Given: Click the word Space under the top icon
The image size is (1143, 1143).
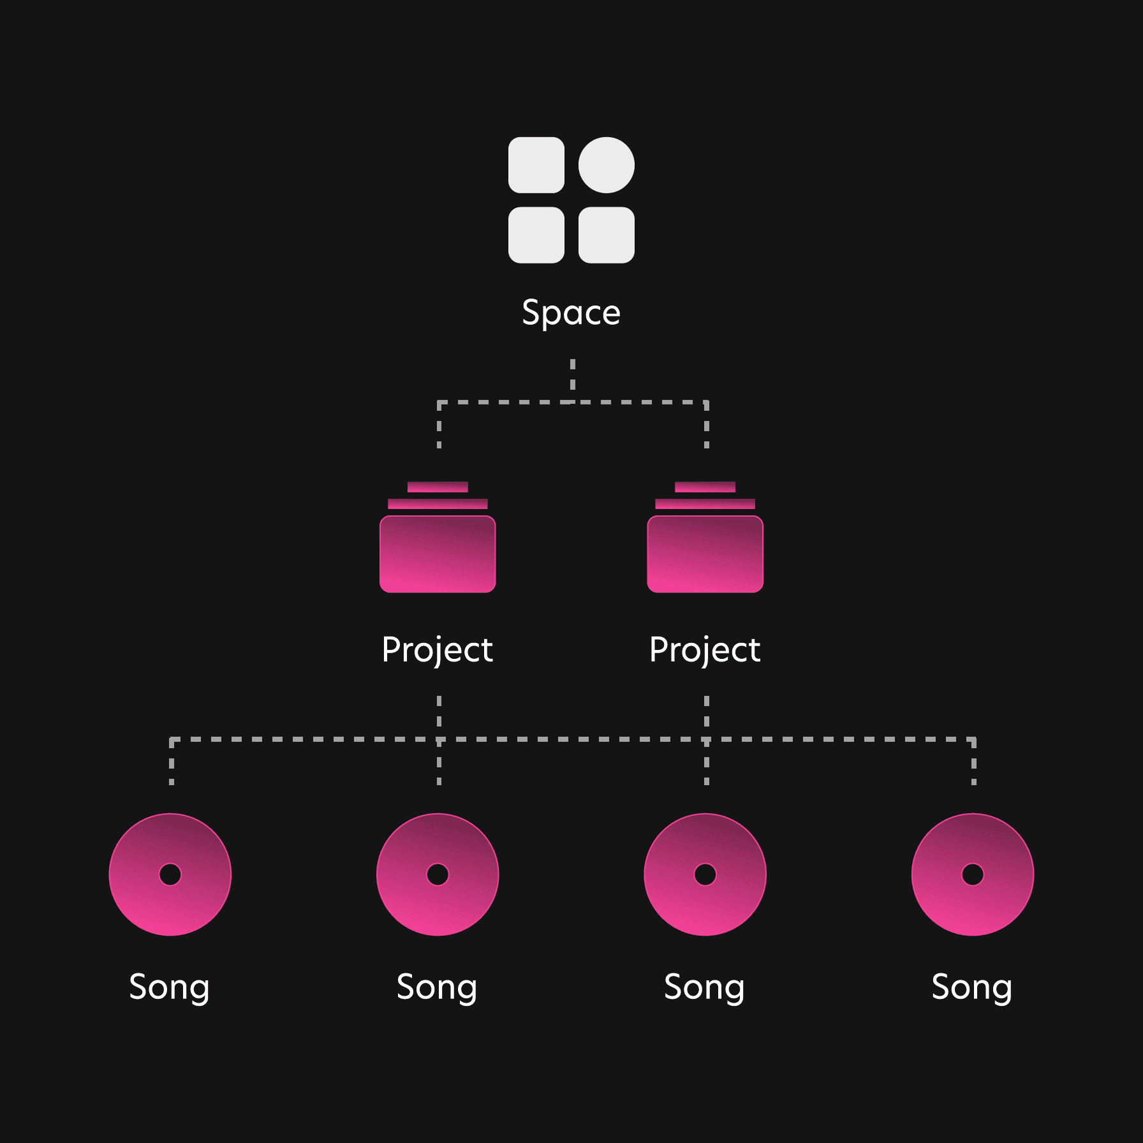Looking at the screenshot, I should click(571, 313).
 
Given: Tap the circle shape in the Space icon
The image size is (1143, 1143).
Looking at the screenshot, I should click(606, 165).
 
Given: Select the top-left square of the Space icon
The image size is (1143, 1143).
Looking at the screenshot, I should click(536, 165).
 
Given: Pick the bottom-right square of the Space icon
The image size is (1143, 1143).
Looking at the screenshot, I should click(606, 235).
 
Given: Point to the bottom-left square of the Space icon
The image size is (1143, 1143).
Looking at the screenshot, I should click(536, 235).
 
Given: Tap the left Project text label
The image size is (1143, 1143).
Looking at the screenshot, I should click(438, 650).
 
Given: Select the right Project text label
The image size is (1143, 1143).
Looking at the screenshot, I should click(705, 650).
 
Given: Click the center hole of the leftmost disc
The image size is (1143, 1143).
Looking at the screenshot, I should click(170, 874).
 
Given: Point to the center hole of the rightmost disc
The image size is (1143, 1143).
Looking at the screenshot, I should click(973, 874).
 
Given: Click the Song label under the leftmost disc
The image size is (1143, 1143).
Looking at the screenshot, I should click(170, 987).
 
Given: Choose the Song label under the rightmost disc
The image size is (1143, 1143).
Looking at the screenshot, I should click(972, 987).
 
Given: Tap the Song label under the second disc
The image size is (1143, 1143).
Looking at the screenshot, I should click(437, 987).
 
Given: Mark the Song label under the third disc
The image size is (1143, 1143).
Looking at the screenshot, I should click(704, 987).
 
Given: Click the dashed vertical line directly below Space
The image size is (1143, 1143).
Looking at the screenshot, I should click(573, 375).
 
